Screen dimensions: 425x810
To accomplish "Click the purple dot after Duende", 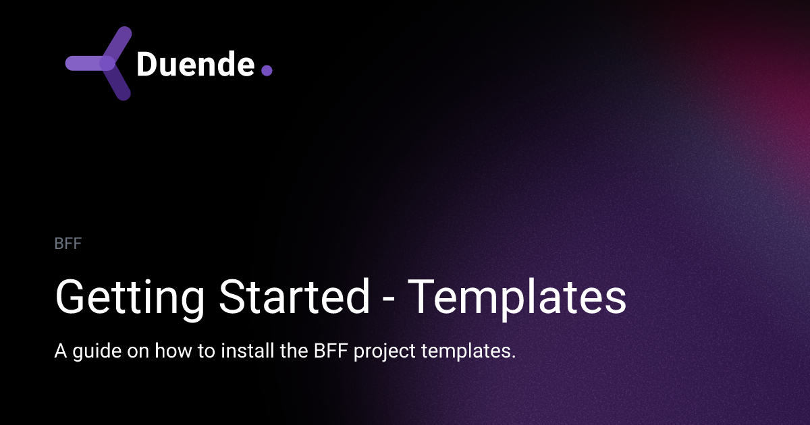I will coord(266,70).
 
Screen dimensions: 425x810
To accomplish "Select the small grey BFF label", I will coord(67,244).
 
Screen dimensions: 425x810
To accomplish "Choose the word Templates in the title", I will coord(518,297).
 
